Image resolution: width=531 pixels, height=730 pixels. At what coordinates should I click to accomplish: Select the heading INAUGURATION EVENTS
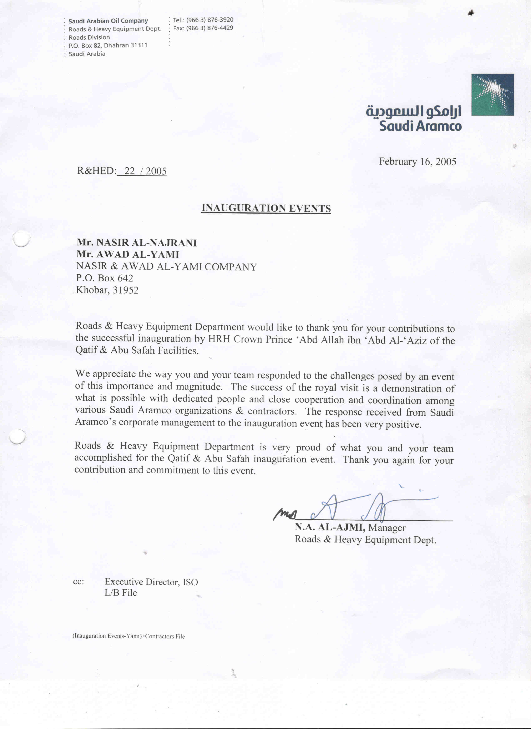click(x=266, y=208)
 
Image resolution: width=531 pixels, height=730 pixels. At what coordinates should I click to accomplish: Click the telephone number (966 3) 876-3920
click(x=210, y=20)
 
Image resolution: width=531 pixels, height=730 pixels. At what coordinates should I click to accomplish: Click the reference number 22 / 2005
click(x=145, y=171)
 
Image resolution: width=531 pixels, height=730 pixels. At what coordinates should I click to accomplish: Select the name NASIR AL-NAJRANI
click(x=147, y=243)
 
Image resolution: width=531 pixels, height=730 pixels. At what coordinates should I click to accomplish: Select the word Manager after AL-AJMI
click(x=387, y=528)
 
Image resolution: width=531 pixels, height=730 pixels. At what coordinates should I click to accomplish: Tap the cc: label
click(x=79, y=582)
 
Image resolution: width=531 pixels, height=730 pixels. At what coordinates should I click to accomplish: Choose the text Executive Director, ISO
click(x=151, y=582)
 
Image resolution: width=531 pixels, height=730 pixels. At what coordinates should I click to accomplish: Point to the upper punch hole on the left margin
click(x=21, y=239)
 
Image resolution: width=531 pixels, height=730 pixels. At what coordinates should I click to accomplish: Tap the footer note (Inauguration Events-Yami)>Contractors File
click(x=128, y=636)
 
